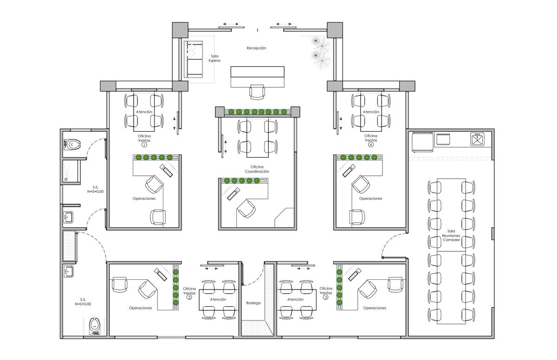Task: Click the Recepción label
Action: tap(256, 48)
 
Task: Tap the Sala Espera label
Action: tap(214, 58)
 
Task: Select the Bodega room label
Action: tap(253, 303)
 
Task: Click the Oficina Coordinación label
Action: tap(257, 169)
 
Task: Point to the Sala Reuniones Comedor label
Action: tap(451, 236)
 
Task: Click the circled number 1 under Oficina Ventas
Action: tap(144, 145)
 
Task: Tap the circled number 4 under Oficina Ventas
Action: tap(371, 144)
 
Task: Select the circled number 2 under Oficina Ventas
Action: tap(189, 297)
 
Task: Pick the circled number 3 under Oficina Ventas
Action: tap(325, 297)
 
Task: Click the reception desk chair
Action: tap(257, 92)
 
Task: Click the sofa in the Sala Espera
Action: tap(193, 59)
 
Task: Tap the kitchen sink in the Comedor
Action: tap(477, 139)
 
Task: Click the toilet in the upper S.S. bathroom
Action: tap(72, 144)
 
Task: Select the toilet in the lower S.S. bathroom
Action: tap(94, 326)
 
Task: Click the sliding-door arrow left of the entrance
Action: tap(231, 24)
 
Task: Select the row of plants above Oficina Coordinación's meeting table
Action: tap(257, 112)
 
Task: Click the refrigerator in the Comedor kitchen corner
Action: tap(423, 142)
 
